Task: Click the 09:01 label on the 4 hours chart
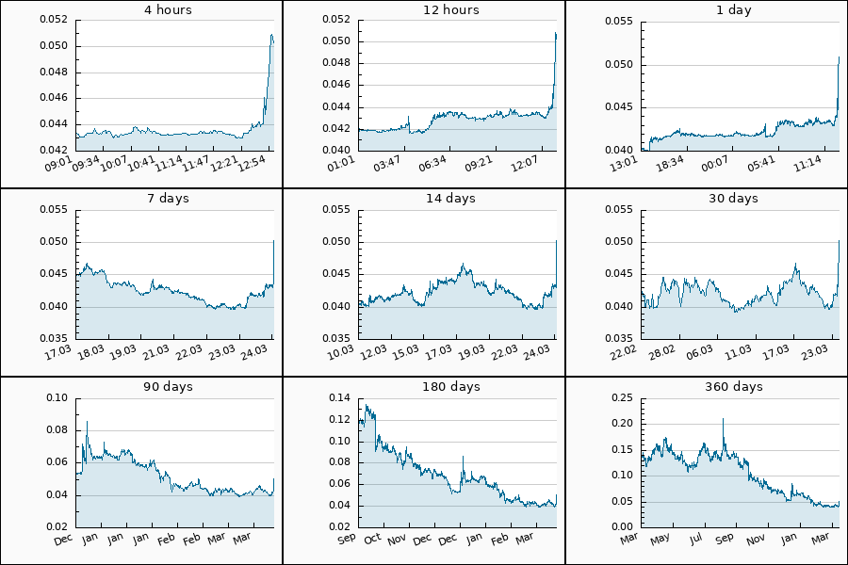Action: pyautogui.click(x=59, y=165)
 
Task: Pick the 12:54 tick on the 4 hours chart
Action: pyautogui.click(x=253, y=165)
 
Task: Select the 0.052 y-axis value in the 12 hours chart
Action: pyautogui.click(x=336, y=19)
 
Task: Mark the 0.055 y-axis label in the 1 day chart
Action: pyautogui.click(x=619, y=20)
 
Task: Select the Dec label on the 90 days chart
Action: pyautogui.click(x=63, y=540)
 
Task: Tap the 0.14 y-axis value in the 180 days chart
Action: pyautogui.click(x=339, y=398)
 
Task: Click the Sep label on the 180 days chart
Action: pyautogui.click(x=346, y=540)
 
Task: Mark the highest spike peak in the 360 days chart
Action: pyautogui.click(x=723, y=419)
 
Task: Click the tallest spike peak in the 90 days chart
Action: pyautogui.click(x=87, y=421)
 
